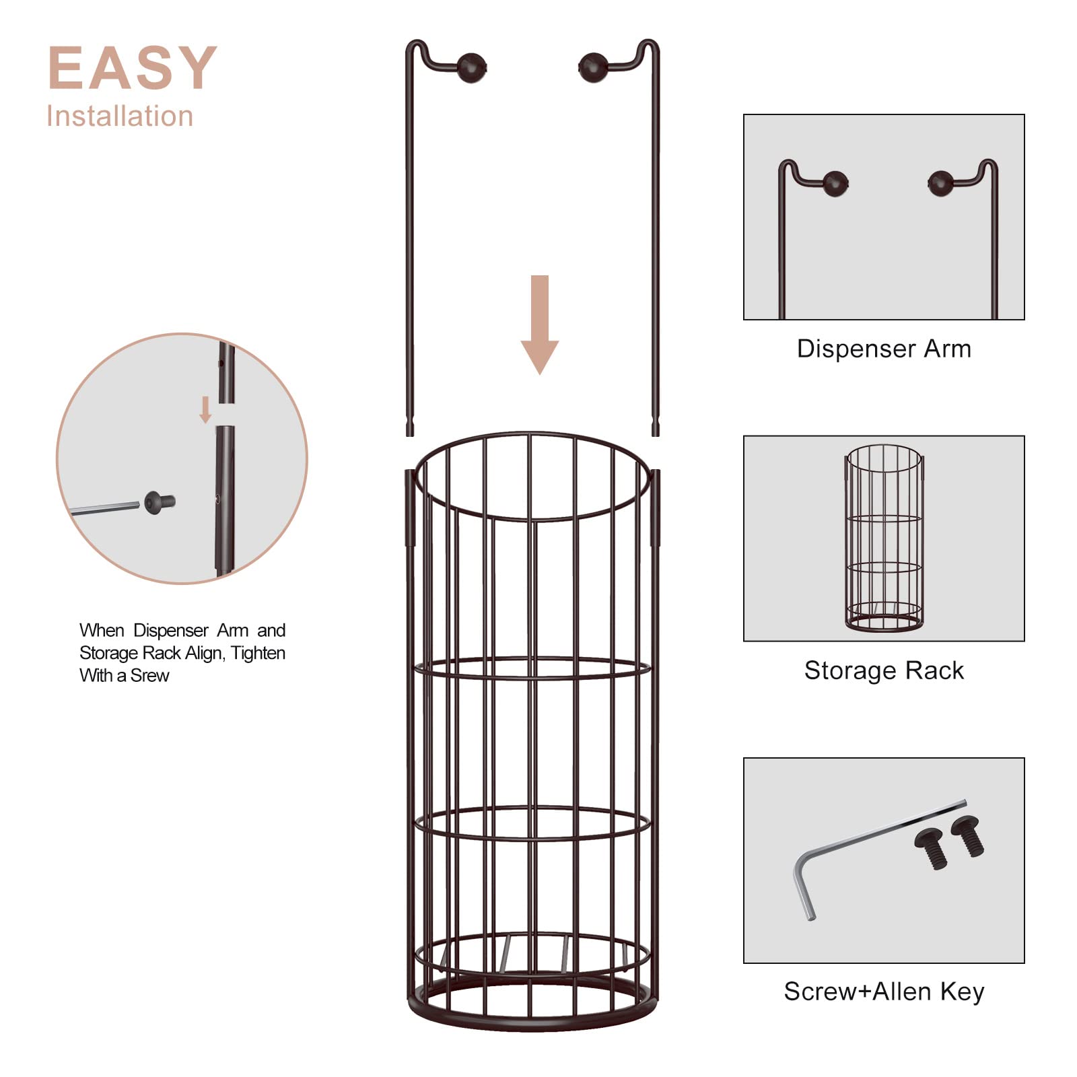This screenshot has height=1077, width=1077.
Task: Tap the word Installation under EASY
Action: pos(120,116)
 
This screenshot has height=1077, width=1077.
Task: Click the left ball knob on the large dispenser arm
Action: pos(471,68)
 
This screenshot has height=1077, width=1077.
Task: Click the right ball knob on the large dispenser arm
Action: pos(593,68)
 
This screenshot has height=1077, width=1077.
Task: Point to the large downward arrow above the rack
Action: pos(540,323)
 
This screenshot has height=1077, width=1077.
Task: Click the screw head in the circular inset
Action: pos(155,502)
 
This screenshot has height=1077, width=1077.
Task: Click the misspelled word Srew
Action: pos(149,676)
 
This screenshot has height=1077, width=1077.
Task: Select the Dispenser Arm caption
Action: pos(884,349)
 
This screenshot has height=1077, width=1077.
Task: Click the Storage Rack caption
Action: pos(884,670)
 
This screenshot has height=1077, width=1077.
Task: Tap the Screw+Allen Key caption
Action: pos(884,992)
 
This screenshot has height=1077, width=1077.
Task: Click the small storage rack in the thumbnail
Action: pos(884,538)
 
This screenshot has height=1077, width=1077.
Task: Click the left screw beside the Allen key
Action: pos(931,848)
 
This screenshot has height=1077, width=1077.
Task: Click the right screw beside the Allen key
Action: pos(967,835)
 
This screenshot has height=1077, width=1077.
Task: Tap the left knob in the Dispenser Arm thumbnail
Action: pos(835,183)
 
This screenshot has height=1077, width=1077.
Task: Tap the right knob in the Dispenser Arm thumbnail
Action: pos(940,183)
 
